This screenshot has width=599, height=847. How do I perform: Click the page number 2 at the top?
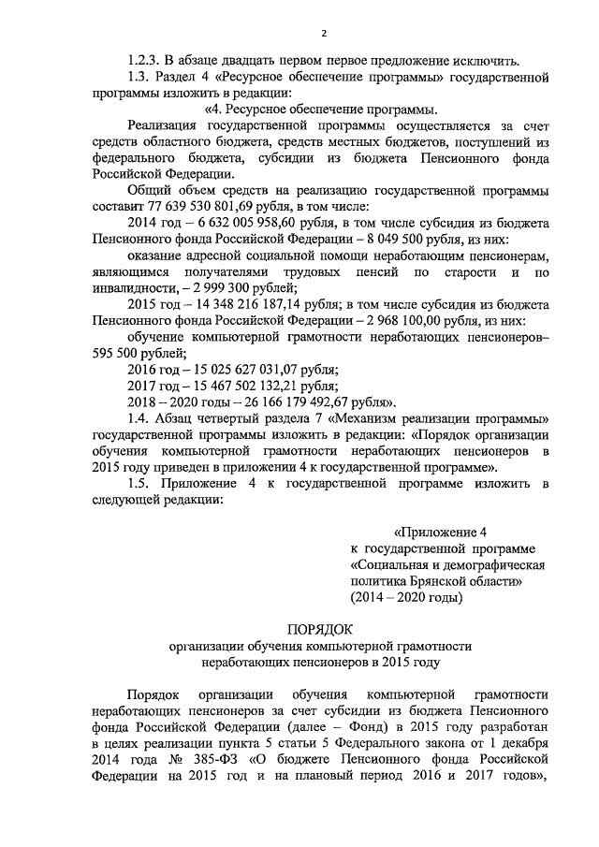point(323,35)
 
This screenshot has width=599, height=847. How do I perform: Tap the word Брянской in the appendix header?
point(439,581)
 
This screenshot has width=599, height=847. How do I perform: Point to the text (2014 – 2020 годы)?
point(405,596)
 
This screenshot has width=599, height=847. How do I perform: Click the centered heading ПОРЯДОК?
point(322,629)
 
